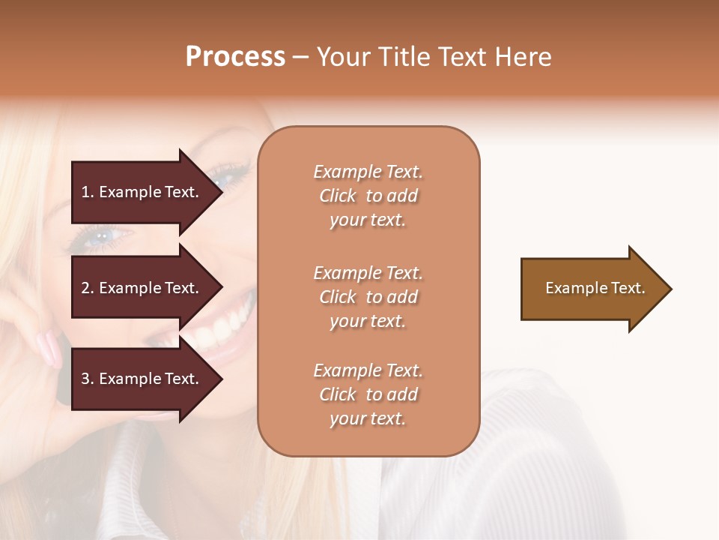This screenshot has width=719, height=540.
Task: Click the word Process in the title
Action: pyautogui.click(x=235, y=57)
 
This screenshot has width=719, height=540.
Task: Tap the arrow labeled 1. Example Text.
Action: pyautogui.click(x=142, y=192)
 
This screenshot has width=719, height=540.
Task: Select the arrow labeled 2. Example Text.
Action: pyautogui.click(x=142, y=288)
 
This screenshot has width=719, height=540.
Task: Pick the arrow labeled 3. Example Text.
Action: pyautogui.click(x=142, y=379)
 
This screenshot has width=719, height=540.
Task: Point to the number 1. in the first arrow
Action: pyautogui.click(x=88, y=192)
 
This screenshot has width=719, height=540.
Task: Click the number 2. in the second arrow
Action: pyautogui.click(x=88, y=288)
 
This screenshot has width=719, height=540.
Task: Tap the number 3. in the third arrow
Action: pyautogui.click(x=88, y=379)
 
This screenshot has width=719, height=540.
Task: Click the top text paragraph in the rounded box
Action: pyautogui.click(x=368, y=196)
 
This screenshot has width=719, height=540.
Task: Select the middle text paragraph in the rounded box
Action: pyautogui.click(x=368, y=297)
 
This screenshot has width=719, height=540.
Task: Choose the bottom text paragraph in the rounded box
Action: pyautogui.click(x=368, y=394)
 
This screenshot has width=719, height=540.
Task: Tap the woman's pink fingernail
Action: pyautogui.click(x=49, y=348)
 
